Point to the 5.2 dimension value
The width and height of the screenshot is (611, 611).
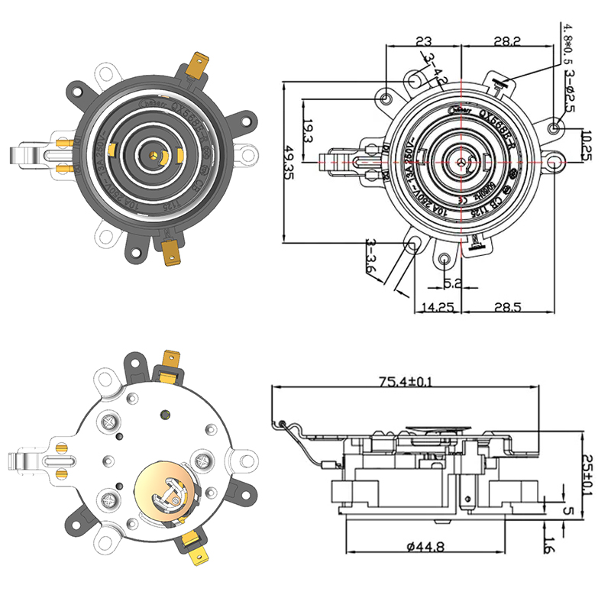pyautogui.click(x=454, y=283)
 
